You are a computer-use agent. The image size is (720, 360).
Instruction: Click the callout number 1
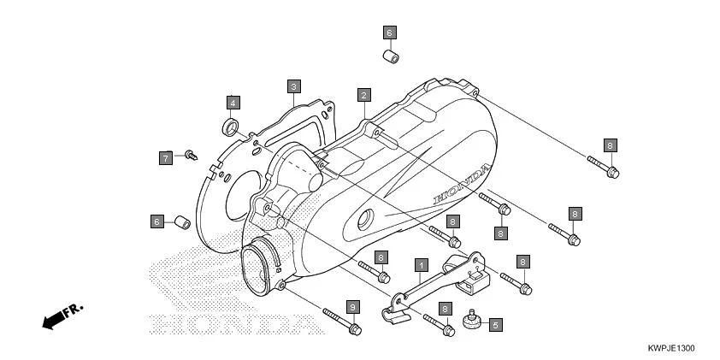pyautogui.click(x=421, y=265)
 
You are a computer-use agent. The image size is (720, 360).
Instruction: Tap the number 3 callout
pyautogui.click(x=293, y=86)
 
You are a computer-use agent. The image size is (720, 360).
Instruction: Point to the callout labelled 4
pyautogui.click(x=233, y=103)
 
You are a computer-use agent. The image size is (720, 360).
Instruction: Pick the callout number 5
pyautogui.click(x=495, y=325)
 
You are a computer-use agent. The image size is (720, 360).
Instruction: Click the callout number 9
pyautogui.click(x=351, y=306)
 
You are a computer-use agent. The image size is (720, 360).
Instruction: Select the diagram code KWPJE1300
pyautogui.click(x=670, y=349)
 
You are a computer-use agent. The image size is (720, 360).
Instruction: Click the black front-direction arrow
pyautogui.click(x=53, y=321)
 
